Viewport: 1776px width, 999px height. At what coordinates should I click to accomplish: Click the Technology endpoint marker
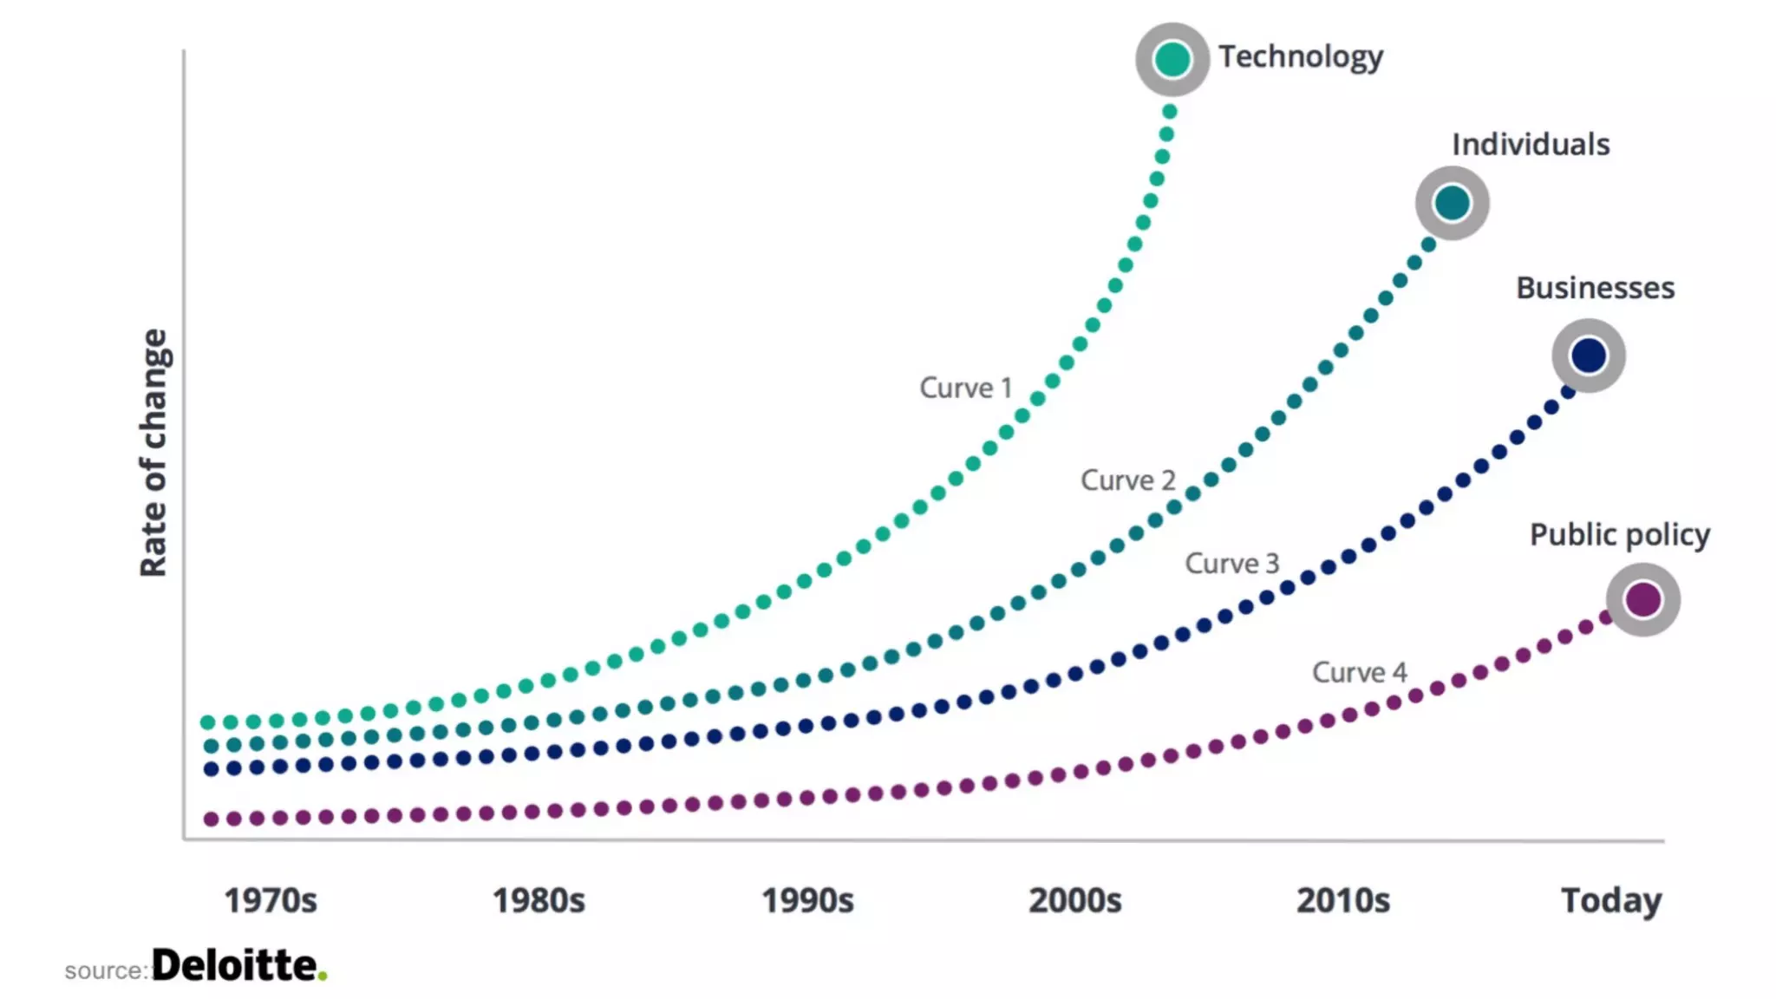1172,60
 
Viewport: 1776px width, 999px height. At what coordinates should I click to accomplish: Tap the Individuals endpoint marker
1453,204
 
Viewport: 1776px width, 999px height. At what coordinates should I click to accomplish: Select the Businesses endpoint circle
1589,356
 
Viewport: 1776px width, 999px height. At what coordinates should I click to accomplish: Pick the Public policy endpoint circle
1643,599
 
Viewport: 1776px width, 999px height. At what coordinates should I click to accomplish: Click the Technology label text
1301,57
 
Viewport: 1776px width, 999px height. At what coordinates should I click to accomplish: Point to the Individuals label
1531,145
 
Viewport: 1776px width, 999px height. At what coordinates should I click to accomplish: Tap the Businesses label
1595,288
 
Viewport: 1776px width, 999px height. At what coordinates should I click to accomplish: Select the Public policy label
1619,535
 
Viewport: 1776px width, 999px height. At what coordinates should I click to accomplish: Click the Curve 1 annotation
965,388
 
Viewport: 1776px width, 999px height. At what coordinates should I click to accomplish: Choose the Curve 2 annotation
1127,480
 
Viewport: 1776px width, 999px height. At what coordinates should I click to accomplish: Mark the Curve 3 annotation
1231,564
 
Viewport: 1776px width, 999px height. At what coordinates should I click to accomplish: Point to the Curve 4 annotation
1359,672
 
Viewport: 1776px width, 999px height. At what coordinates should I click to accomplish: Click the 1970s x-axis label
271,901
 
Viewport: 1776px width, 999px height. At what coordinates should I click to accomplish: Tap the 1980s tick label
539,901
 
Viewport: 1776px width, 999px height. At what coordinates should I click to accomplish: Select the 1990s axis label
807,901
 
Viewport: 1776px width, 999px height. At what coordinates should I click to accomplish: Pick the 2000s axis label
1075,901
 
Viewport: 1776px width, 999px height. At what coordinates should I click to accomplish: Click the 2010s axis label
1343,901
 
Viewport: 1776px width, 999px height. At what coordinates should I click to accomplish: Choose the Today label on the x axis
1611,901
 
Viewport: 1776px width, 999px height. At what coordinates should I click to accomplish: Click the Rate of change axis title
153,453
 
